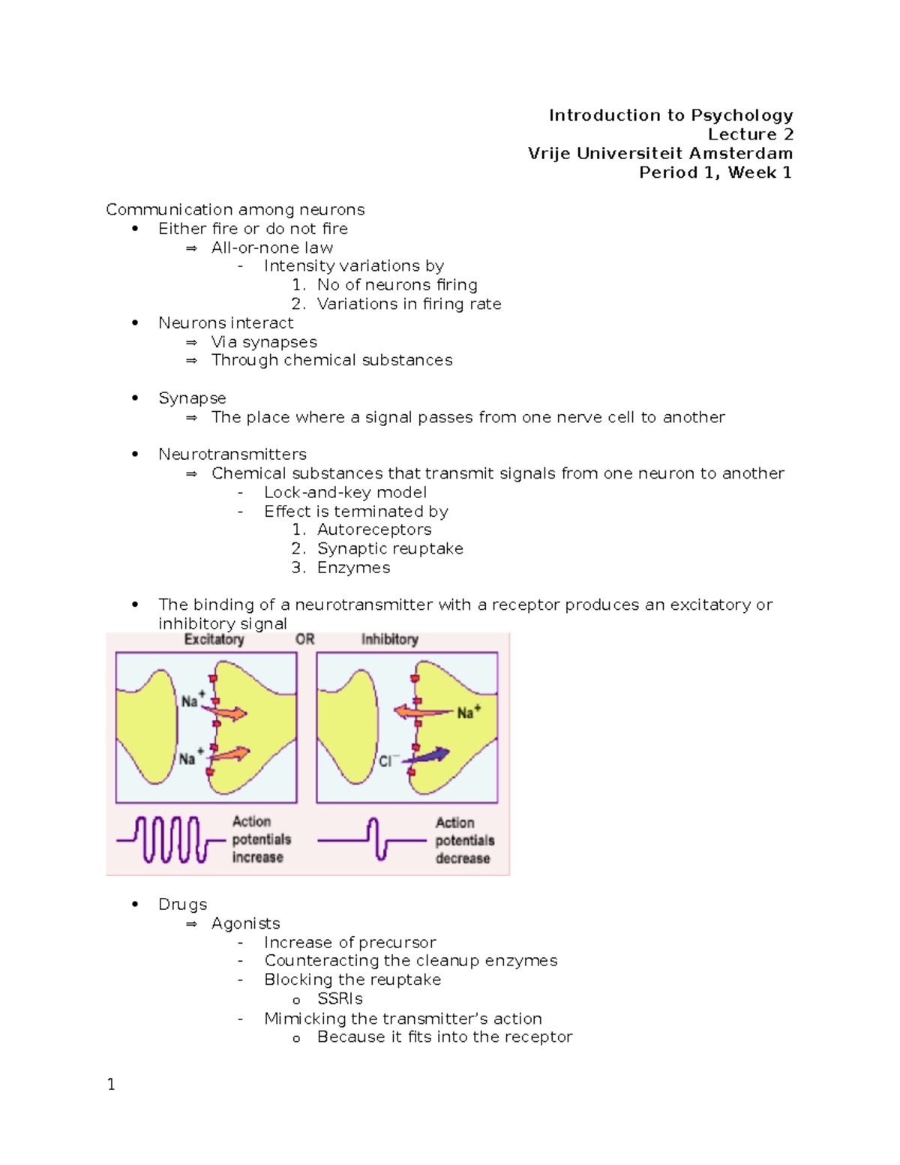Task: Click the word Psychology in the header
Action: (x=742, y=116)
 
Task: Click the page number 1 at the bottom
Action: (x=111, y=1084)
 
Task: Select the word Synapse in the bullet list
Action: (x=192, y=398)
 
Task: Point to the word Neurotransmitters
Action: (x=232, y=455)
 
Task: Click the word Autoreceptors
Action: (x=373, y=530)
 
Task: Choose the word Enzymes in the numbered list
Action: (x=353, y=568)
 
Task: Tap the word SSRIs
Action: (x=340, y=999)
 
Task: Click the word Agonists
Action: (x=245, y=923)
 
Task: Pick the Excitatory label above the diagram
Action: (x=214, y=639)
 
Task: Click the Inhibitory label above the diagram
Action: (x=389, y=639)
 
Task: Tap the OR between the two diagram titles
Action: (x=304, y=639)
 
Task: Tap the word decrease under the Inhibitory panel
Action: (x=463, y=858)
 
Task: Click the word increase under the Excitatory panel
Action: (x=257, y=857)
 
